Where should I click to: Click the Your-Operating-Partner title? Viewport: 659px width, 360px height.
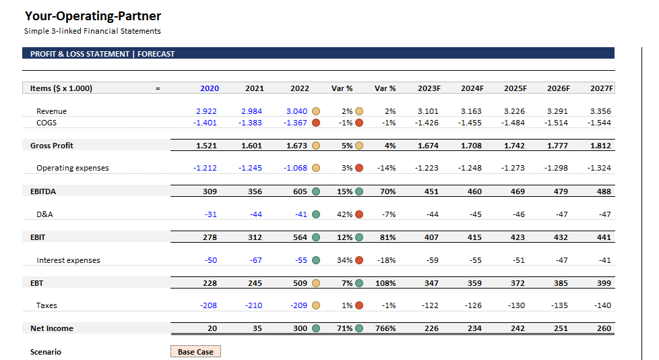click(93, 16)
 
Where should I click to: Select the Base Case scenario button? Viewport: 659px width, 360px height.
click(195, 352)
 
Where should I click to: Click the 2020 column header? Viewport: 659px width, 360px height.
click(210, 88)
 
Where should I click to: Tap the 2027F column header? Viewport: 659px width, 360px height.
click(601, 88)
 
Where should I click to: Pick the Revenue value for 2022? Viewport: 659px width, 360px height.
click(296, 111)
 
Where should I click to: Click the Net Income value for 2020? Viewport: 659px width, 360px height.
click(212, 328)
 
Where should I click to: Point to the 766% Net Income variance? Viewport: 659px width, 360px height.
click(385, 328)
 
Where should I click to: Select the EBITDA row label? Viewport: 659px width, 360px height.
click(43, 191)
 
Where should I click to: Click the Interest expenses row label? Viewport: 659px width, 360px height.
click(68, 260)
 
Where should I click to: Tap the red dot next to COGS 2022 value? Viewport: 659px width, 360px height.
click(316, 123)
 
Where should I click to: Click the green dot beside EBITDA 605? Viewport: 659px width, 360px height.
click(316, 191)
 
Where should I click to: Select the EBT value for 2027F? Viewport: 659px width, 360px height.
click(603, 283)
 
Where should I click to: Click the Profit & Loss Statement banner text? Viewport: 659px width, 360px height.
click(102, 54)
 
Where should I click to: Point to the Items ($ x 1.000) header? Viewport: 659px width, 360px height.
click(61, 88)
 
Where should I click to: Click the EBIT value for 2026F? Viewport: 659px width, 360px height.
click(560, 237)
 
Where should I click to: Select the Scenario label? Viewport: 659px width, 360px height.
click(46, 352)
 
